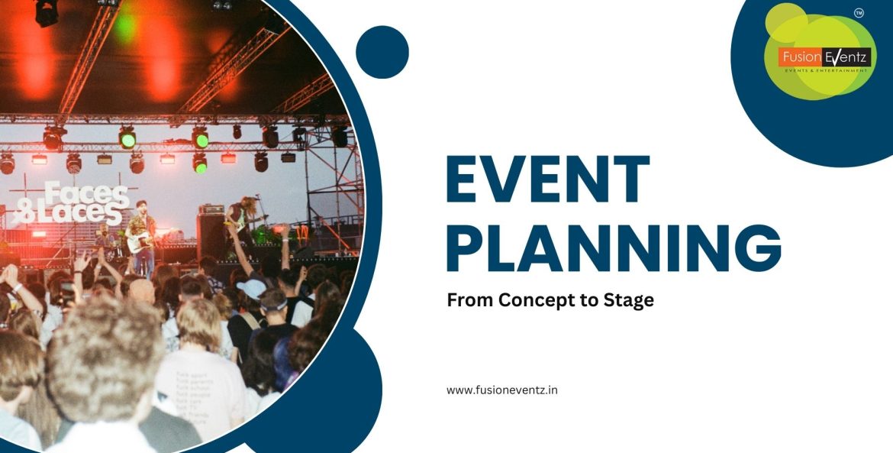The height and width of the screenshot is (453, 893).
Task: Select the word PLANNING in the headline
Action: [x=614, y=248]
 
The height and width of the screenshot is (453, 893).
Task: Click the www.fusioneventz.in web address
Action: [x=501, y=390]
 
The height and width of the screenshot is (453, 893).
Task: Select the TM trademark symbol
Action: [x=859, y=13]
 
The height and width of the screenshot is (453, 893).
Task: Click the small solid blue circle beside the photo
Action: [x=382, y=52]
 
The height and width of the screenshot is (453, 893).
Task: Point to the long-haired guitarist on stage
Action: [x=242, y=222]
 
